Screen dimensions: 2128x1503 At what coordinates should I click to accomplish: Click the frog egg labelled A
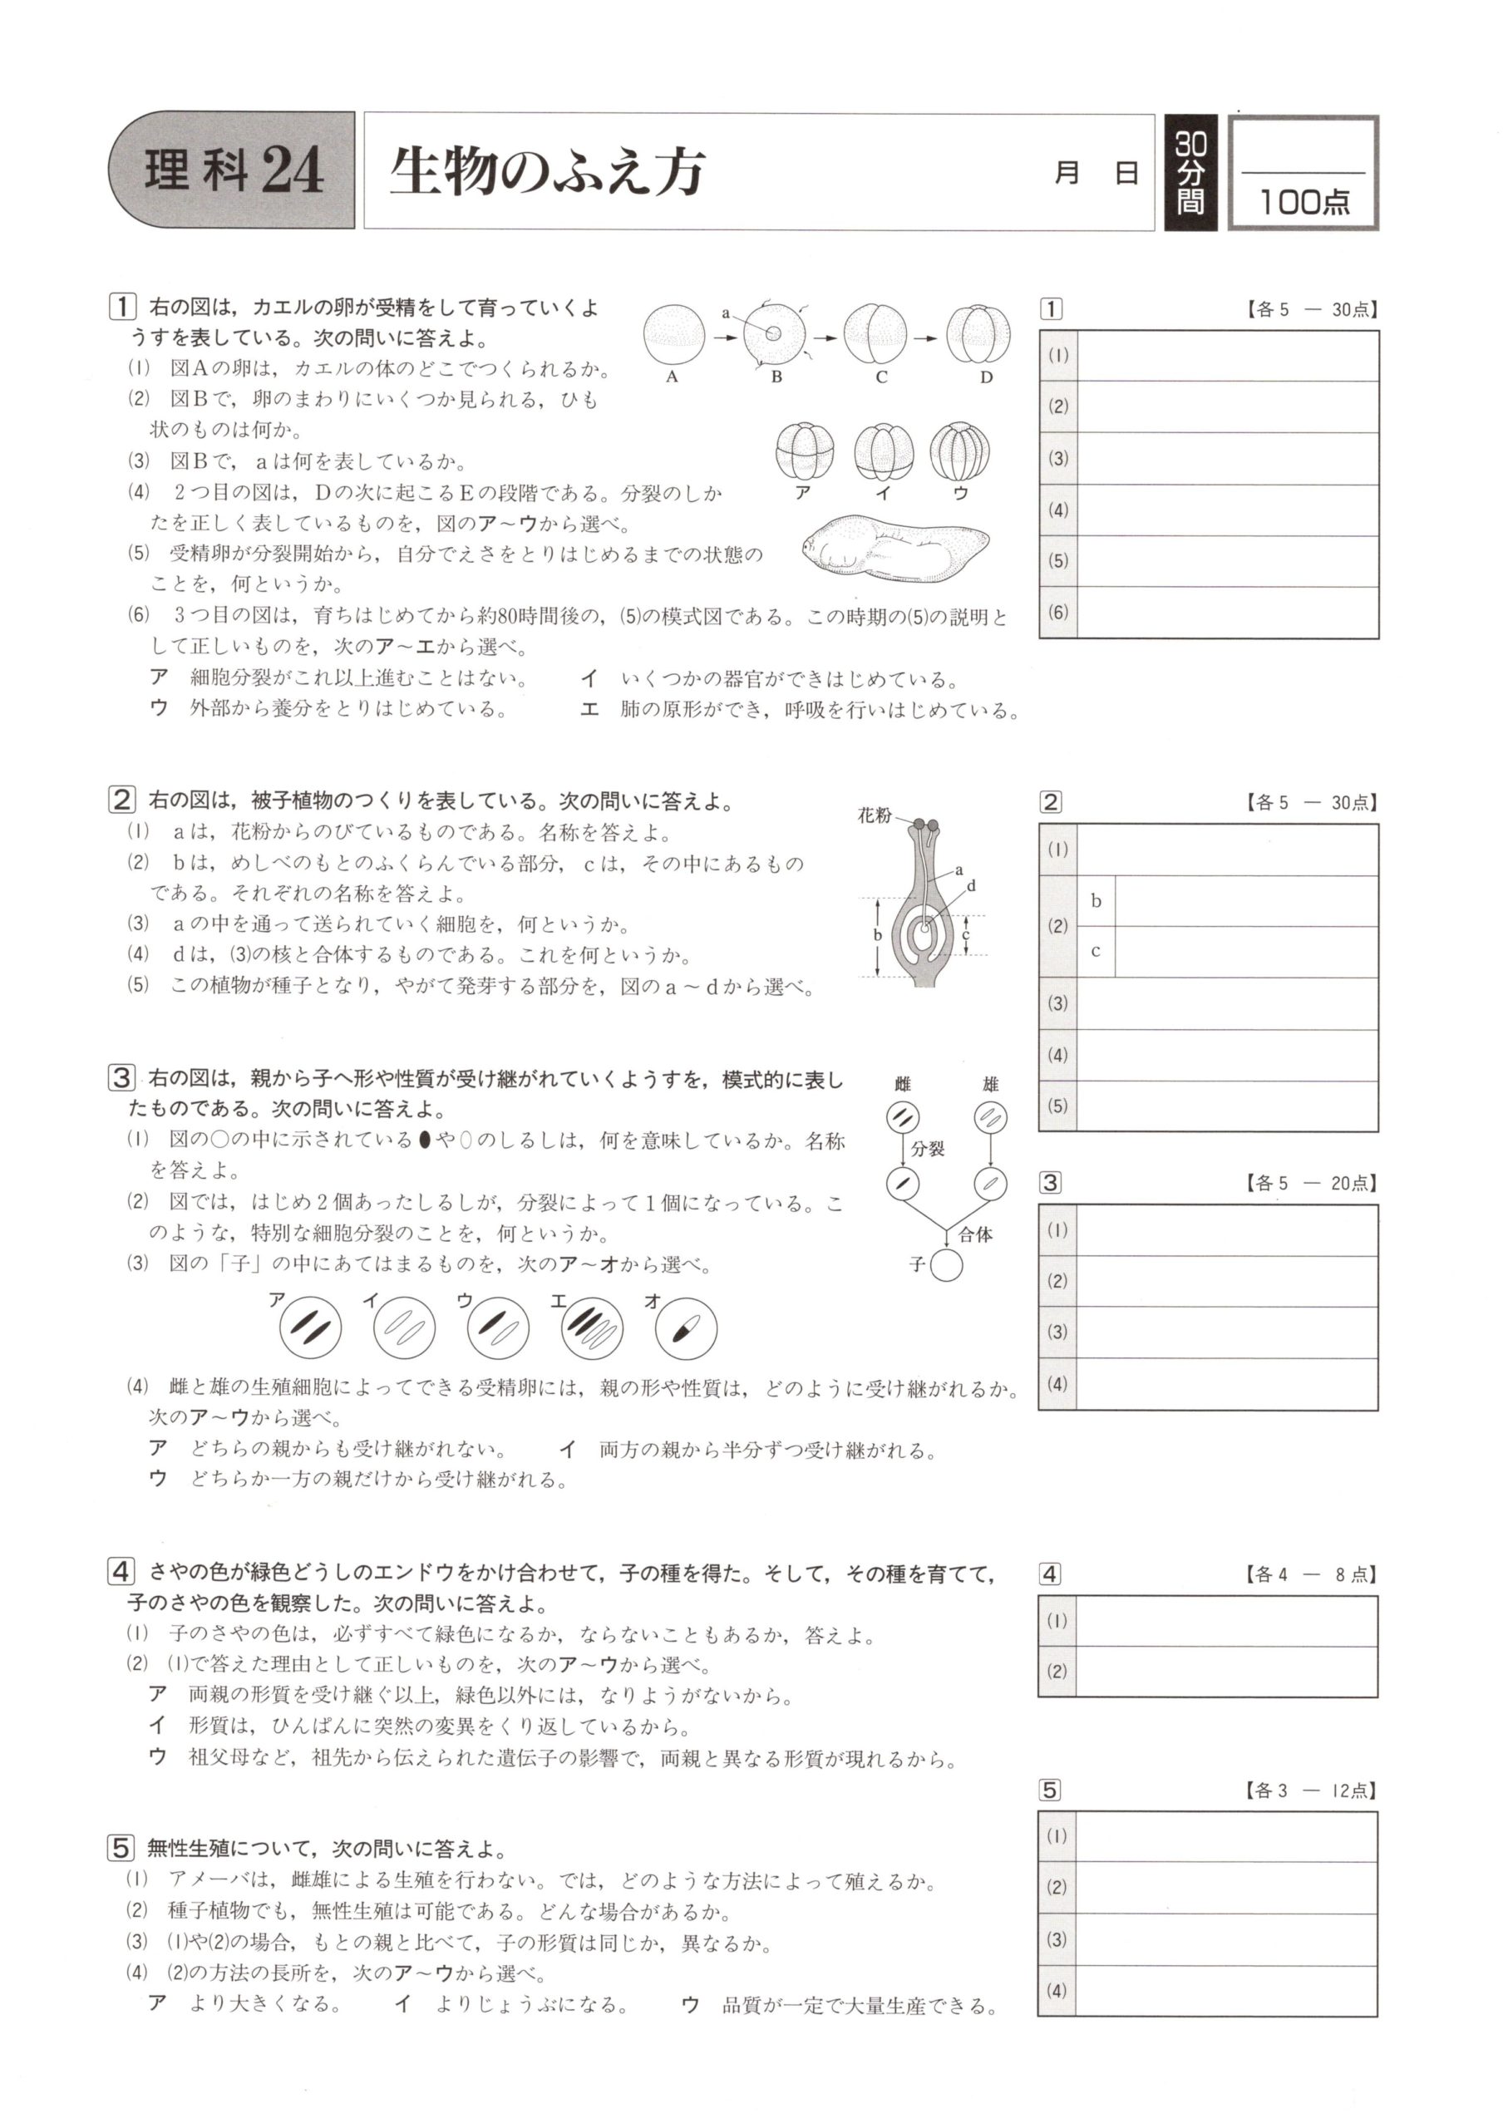(x=673, y=337)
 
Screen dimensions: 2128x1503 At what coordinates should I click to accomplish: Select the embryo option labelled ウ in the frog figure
(x=961, y=451)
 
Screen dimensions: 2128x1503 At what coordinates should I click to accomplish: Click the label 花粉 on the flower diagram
(x=874, y=815)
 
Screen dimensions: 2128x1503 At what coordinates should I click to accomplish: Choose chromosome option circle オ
(x=686, y=1328)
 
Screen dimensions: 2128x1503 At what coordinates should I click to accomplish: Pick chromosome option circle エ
(x=592, y=1328)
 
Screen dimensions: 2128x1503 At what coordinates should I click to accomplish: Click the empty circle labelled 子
(x=946, y=1266)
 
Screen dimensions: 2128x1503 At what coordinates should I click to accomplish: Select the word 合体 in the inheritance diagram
(x=976, y=1234)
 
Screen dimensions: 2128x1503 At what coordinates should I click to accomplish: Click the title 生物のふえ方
(x=547, y=172)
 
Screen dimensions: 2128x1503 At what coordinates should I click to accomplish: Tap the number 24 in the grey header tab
(x=293, y=172)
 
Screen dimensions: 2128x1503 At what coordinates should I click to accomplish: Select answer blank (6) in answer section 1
(x=1227, y=612)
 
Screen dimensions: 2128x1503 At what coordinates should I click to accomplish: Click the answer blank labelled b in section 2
(x=1245, y=901)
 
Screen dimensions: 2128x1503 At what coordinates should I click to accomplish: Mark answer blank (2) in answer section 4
(x=1227, y=1672)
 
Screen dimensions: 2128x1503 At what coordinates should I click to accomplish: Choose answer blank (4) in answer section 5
(x=1227, y=1991)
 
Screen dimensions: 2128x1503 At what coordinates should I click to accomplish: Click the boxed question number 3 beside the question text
(x=121, y=1078)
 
